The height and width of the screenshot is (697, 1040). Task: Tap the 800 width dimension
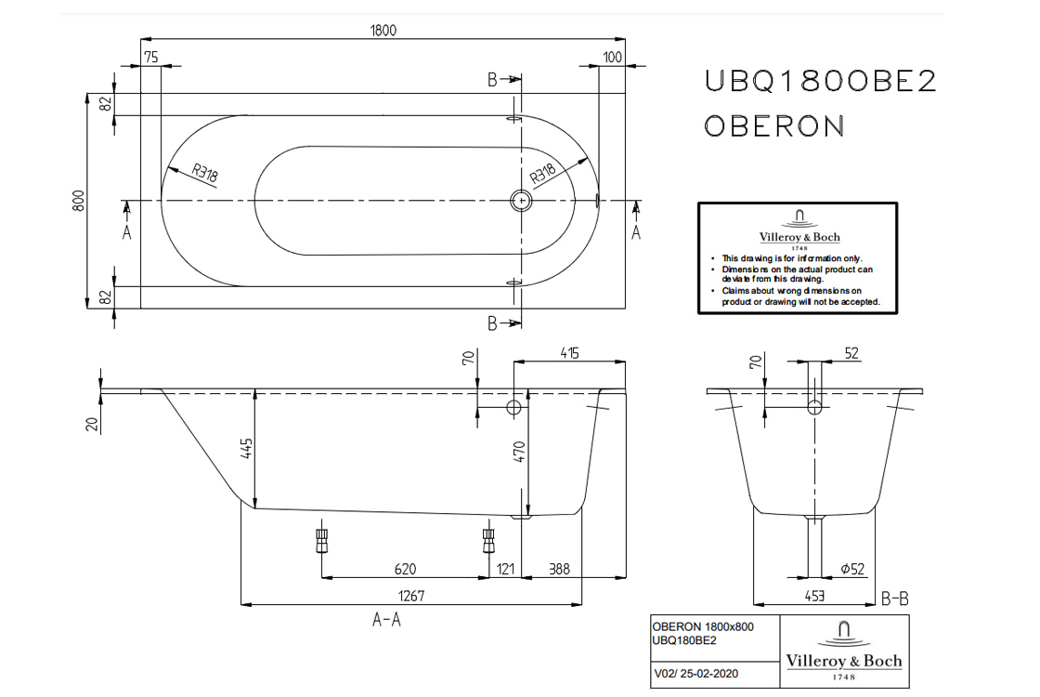[79, 200]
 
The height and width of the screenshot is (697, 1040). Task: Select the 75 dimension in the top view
[150, 58]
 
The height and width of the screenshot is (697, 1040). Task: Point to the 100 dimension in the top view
[611, 58]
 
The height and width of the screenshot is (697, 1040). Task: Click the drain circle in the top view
[521, 200]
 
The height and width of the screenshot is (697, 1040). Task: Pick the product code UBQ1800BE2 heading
[820, 83]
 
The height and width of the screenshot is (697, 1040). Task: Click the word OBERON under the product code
[773, 125]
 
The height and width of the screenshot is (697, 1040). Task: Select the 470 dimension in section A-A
[520, 453]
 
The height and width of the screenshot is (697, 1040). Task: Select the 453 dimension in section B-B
[813, 595]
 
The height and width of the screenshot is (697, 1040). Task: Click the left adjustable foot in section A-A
[321, 540]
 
